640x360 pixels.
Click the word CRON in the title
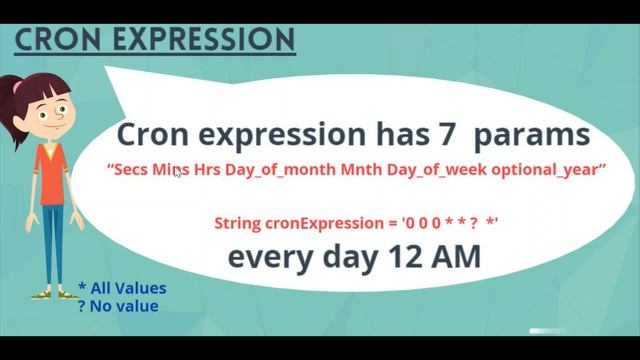tap(58, 39)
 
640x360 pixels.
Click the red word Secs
tap(130, 172)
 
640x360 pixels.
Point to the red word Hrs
tap(206, 172)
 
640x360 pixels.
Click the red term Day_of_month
tap(267, 172)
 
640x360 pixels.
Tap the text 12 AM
tap(441, 257)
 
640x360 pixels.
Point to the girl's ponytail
tap(15, 92)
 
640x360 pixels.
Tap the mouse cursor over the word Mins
tap(178, 173)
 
